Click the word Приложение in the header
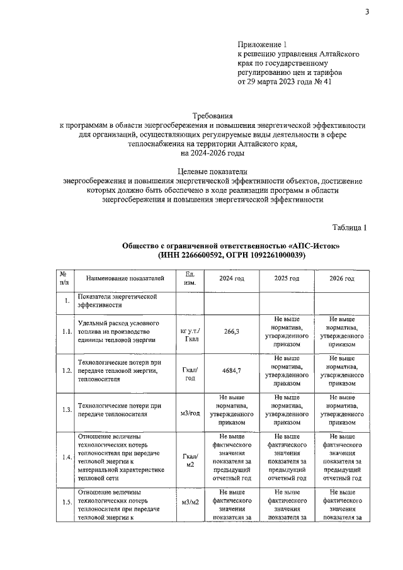coord(259,45)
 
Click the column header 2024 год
coord(230,278)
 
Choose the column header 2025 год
coord(287,278)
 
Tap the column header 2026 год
coord(342,278)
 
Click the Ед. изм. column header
coord(190,278)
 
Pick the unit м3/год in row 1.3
coord(190,414)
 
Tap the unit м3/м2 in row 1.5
coord(190,502)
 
